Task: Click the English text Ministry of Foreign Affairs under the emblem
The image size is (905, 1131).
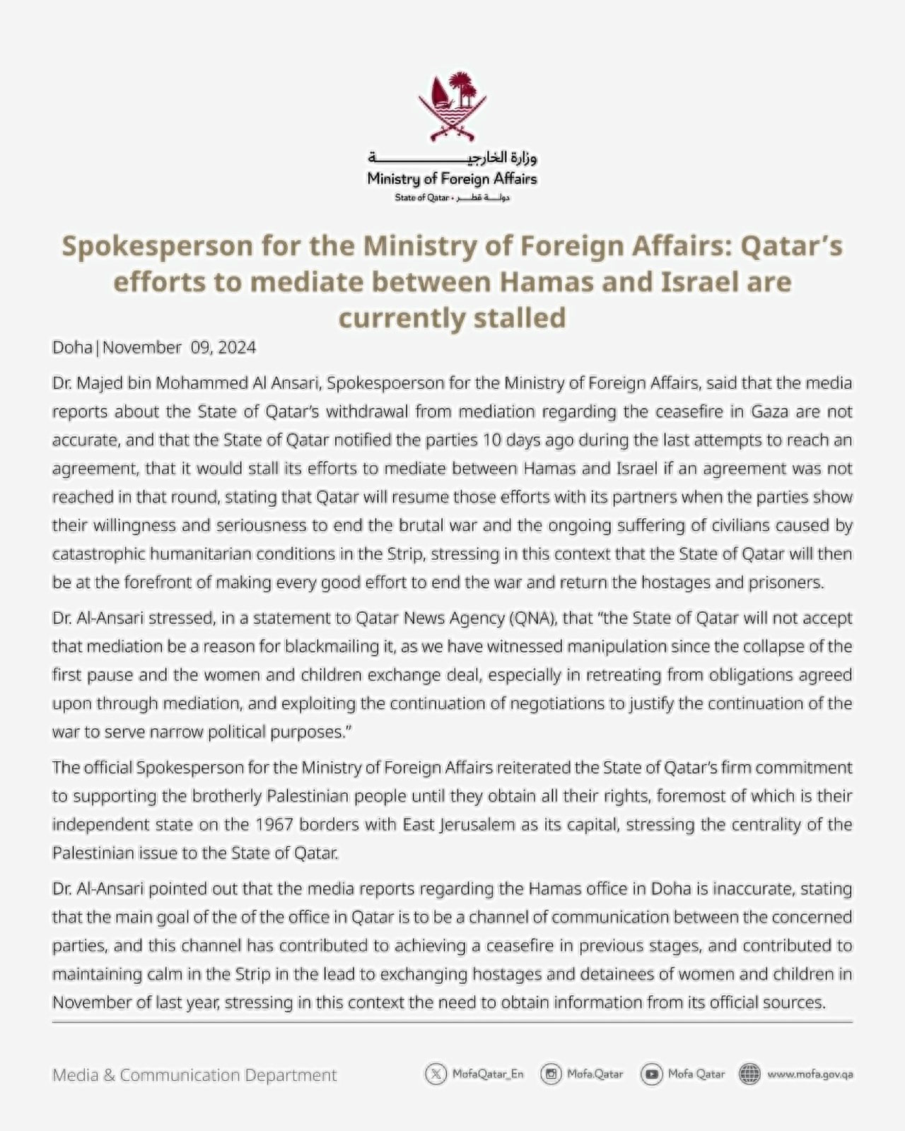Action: tap(452, 179)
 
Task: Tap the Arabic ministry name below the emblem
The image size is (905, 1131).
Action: tap(452, 158)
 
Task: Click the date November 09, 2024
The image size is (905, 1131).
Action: tap(180, 348)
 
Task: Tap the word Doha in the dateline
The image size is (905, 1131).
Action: tap(72, 348)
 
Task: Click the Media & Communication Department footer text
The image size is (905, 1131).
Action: tap(194, 1075)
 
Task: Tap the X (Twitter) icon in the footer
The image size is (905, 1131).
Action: tap(436, 1074)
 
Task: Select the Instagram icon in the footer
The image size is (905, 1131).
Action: tap(551, 1074)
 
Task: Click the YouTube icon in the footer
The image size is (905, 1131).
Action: tap(651, 1074)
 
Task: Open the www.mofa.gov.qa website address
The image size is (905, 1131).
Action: tap(810, 1074)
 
